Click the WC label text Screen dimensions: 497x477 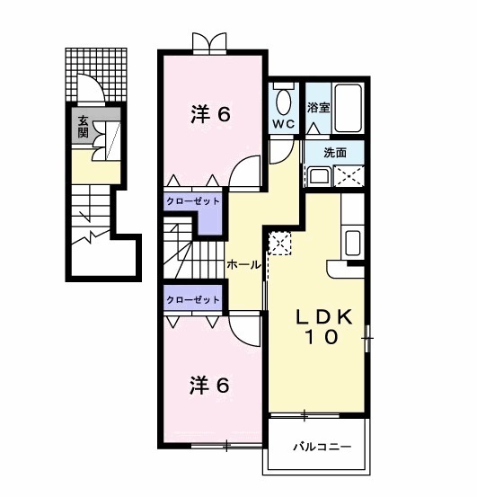(x=283, y=124)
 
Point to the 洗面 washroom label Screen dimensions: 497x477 (x=334, y=152)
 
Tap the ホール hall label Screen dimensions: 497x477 (x=243, y=264)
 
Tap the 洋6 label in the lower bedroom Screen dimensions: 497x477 (x=209, y=385)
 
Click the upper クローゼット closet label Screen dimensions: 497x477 (x=192, y=201)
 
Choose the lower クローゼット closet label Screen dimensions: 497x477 (x=192, y=298)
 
